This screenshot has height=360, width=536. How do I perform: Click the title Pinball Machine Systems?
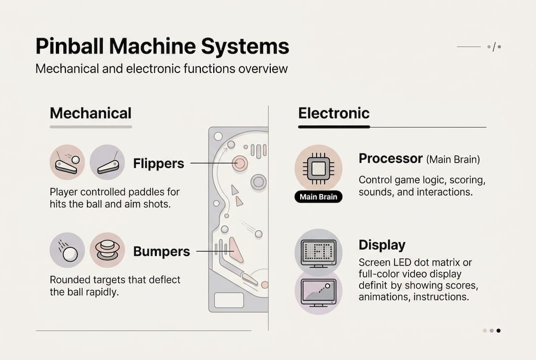(x=162, y=47)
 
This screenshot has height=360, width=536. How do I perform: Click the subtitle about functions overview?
(x=161, y=68)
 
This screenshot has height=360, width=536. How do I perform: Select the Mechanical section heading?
(x=90, y=113)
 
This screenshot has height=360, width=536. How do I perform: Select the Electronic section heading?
(x=334, y=113)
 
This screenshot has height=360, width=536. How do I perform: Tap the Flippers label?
(x=158, y=163)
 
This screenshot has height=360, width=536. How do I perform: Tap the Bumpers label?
(x=161, y=251)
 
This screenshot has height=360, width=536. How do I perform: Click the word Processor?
(x=391, y=159)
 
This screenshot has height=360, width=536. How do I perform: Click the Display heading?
(x=382, y=245)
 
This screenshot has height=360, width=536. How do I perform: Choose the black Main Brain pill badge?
(x=318, y=196)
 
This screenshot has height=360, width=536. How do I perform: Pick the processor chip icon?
(x=318, y=168)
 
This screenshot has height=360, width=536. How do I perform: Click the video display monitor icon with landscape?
(x=318, y=292)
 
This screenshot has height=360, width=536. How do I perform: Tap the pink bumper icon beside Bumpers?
(x=107, y=250)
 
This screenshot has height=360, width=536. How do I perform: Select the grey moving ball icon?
(x=67, y=250)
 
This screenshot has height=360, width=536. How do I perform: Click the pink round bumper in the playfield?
(x=239, y=163)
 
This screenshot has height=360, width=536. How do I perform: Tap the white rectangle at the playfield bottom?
(x=229, y=300)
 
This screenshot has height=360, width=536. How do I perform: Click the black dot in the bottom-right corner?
(x=498, y=330)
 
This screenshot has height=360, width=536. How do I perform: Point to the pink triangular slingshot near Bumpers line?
(x=236, y=250)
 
